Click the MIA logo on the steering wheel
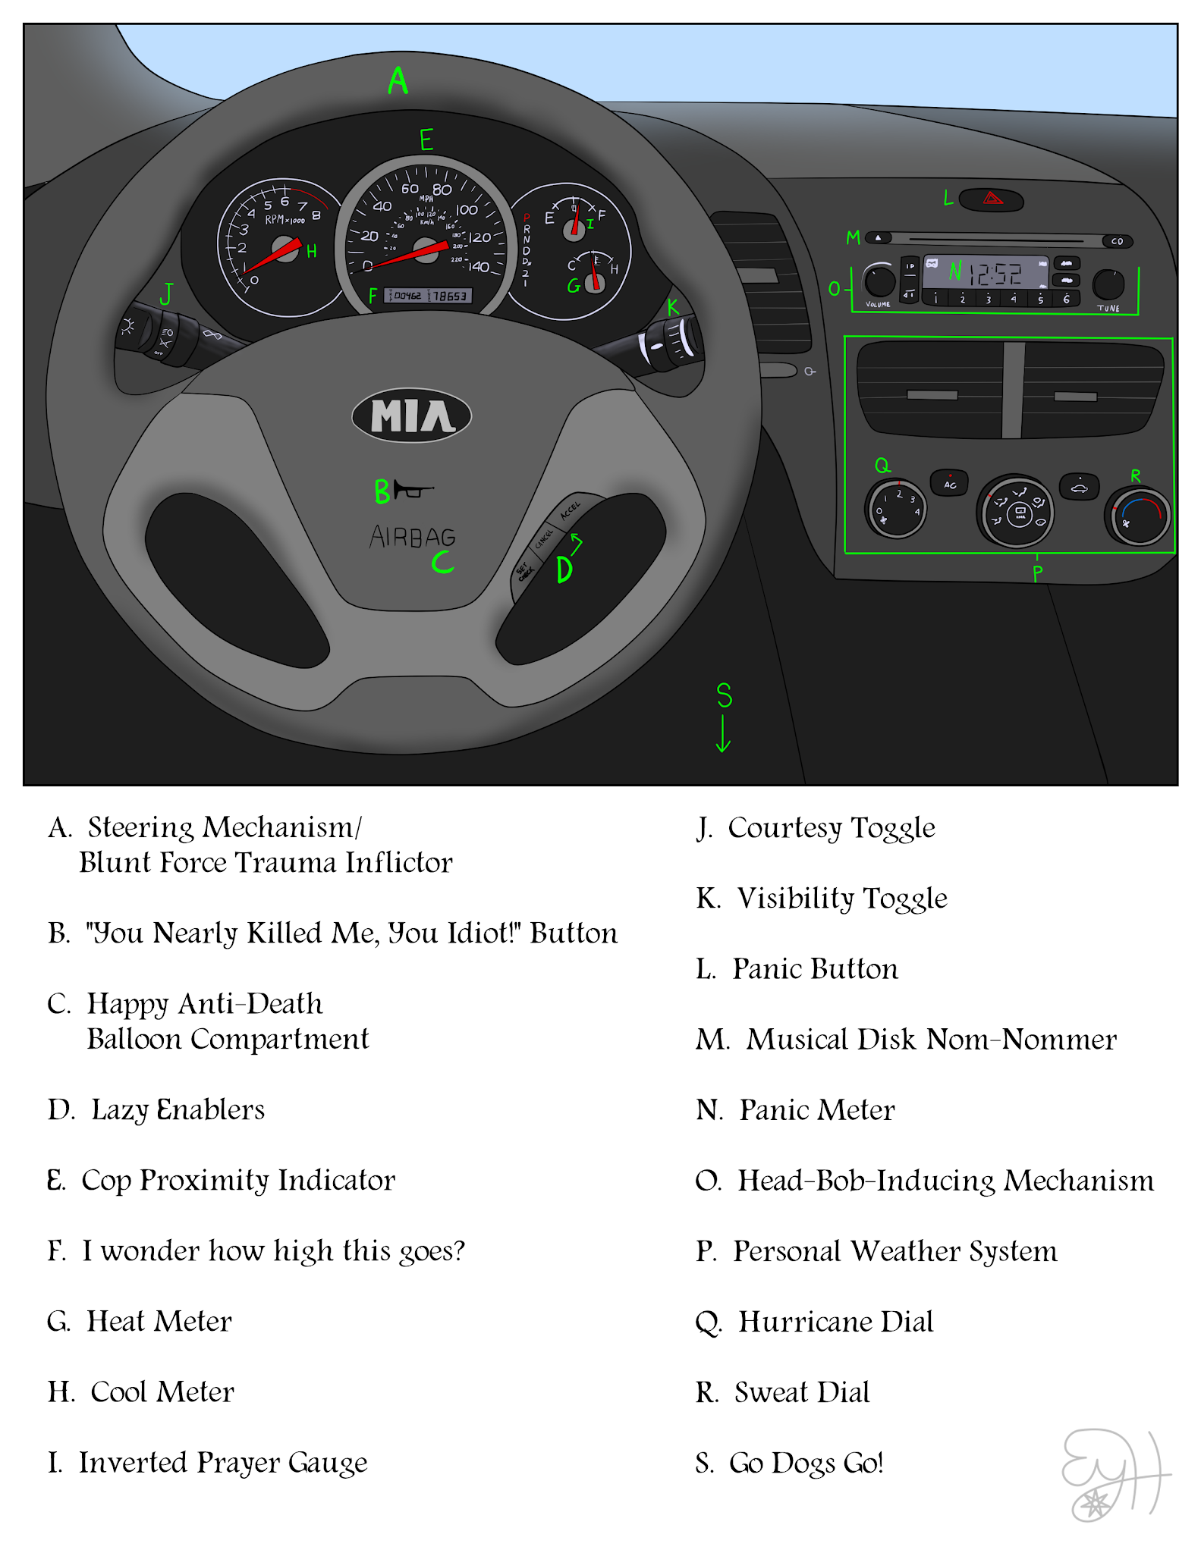pyautogui.click(x=412, y=416)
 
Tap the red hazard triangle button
pyautogui.click(x=992, y=199)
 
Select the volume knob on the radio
pyautogui.click(x=879, y=280)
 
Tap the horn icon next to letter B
pyautogui.click(x=413, y=490)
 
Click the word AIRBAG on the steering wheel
pyautogui.click(x=413, y=537)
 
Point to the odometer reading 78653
pyautogui.click(x=451, y=296)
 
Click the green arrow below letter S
pyautogui.click(x=723, y=733)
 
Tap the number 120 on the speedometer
pyautogui.click(x=479, y=238)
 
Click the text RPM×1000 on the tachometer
pyautogui.click(x=285, y=220)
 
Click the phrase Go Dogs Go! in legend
pyautogui.click(x=806, y=1463)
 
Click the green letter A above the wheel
pyautogui.click(x=398, y=80)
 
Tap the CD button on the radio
pyautogui.click(x=1117, y=241)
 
